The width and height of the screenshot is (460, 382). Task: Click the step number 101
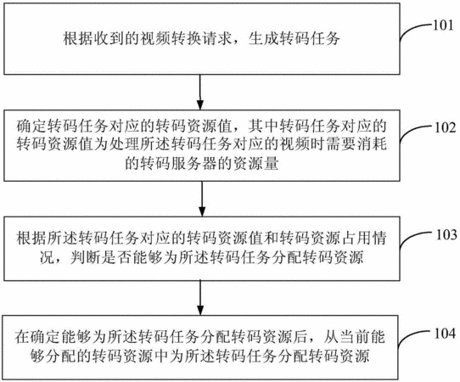pyautogui.click(x=444, y=25)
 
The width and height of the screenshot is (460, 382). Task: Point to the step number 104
pyautogui.click(x=445, y=334)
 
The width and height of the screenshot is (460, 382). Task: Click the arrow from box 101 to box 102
pyautogui.click(x=199, y=93)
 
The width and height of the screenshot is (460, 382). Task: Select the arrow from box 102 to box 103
pyautogui.click(x=202, y=199)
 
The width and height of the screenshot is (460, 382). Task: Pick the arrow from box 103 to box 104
pyautogui.click(x=200, y=298)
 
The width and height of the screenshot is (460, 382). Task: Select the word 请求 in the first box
pyautogui.click(x=217, y=38)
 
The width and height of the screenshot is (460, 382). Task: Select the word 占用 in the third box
pyautogui.click(x=356, y=239)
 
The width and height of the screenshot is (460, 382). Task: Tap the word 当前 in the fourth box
pyautogui.click(x=356, y=337)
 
